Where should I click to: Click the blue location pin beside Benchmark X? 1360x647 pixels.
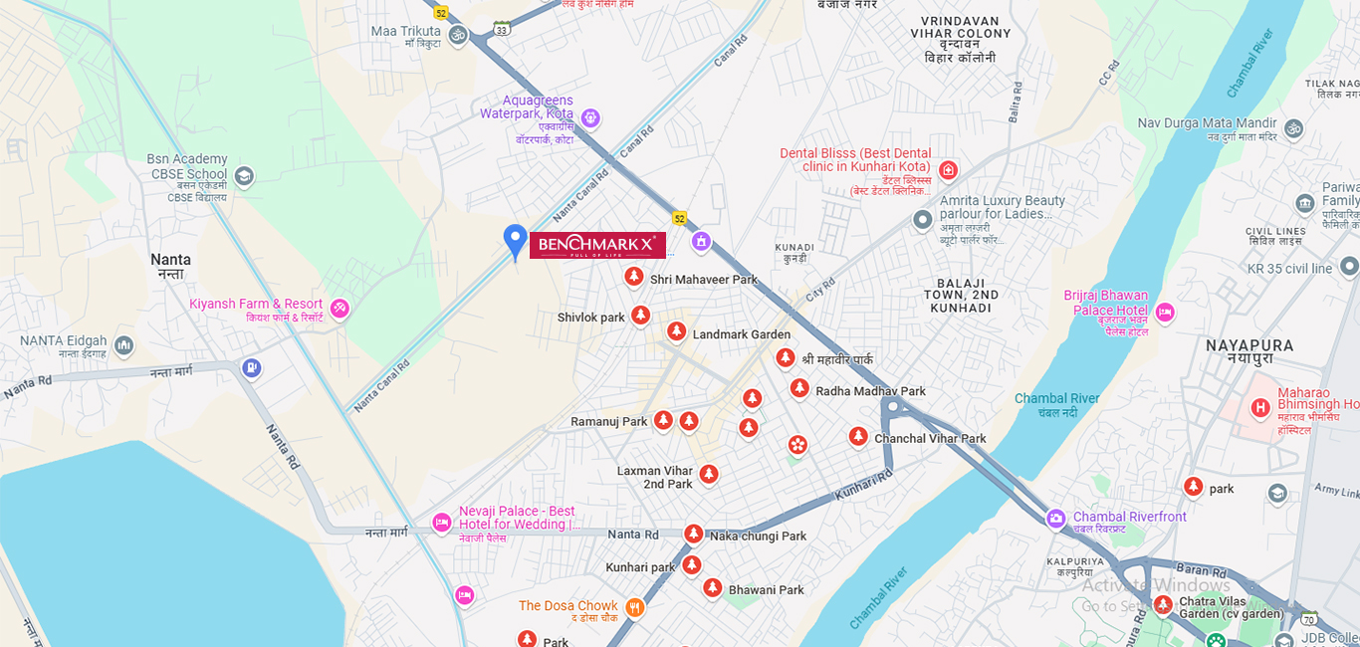(x=515, y=240)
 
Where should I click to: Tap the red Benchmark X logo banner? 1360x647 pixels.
(x=597, y=245)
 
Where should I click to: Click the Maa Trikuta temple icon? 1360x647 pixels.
(x=458, y=35)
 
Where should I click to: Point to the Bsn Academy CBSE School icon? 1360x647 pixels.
(x=244, y=177)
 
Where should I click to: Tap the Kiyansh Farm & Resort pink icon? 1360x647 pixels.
(x=340, y=309)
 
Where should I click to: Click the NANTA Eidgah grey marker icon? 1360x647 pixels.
(x=123, y=346)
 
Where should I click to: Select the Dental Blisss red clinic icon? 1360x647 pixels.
(x=948, y=170)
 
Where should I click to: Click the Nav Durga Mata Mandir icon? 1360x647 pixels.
(x=1293, y=128)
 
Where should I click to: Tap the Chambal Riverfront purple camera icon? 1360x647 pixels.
(x=1055, y=519)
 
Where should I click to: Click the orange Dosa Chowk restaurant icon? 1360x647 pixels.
(x=634, y=607)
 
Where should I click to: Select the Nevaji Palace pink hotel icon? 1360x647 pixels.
(x=442, y=523)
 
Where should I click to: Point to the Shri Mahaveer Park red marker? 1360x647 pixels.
(x=633, y=277)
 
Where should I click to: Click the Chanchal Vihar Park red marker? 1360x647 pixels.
(x=858, y=436)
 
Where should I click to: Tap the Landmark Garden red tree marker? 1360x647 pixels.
(x=676, y=331)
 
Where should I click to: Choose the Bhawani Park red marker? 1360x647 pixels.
(x=712, y=588)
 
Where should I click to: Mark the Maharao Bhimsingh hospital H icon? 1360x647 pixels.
(x=1260, y=407)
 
